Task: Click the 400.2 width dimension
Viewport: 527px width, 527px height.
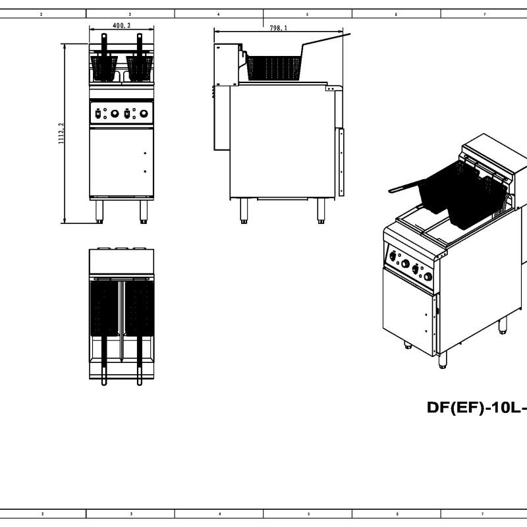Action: [121, 26]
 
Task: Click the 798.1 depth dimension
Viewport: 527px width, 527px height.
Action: [278, 28]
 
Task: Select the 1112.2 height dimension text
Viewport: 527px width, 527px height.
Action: [61, 133]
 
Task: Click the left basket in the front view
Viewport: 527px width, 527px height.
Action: [103, 66]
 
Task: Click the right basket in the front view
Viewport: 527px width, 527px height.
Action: [139, 66]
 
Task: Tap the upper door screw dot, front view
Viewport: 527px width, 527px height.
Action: [144, 153]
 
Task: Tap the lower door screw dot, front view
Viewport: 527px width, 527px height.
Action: [144, 171]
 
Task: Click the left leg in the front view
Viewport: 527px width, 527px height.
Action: [99, 210]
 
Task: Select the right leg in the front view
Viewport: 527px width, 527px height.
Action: [143, 210]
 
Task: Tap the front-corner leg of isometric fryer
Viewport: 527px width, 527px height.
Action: [442, 359]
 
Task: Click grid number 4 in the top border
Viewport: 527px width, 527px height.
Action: [219, 13]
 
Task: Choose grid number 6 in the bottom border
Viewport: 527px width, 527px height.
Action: [397, 514]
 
